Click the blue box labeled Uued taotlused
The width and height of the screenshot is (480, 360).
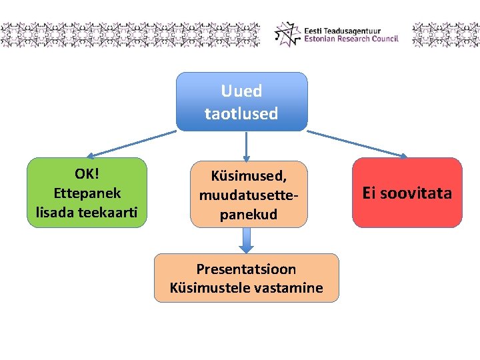click(x=241, y=101)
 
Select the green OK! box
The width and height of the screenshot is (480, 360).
click(x=86, y=193)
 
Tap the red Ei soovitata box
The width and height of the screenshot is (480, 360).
click(x=407, y=193)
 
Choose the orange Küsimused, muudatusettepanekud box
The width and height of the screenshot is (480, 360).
click(x=249, y=194)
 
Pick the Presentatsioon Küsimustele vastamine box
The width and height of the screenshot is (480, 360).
click(x=246, y=278)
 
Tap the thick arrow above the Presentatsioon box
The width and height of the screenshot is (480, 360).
click(x=246, y=239)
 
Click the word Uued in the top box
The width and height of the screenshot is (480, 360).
click(x=241, y=91)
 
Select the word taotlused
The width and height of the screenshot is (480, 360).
click(x=241, y=113)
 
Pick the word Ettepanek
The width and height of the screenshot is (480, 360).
click(x=87, y=193)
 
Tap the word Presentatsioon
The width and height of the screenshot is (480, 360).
click(x=246, y=269)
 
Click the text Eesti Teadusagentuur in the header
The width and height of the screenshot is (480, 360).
click(x=342, y=30)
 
